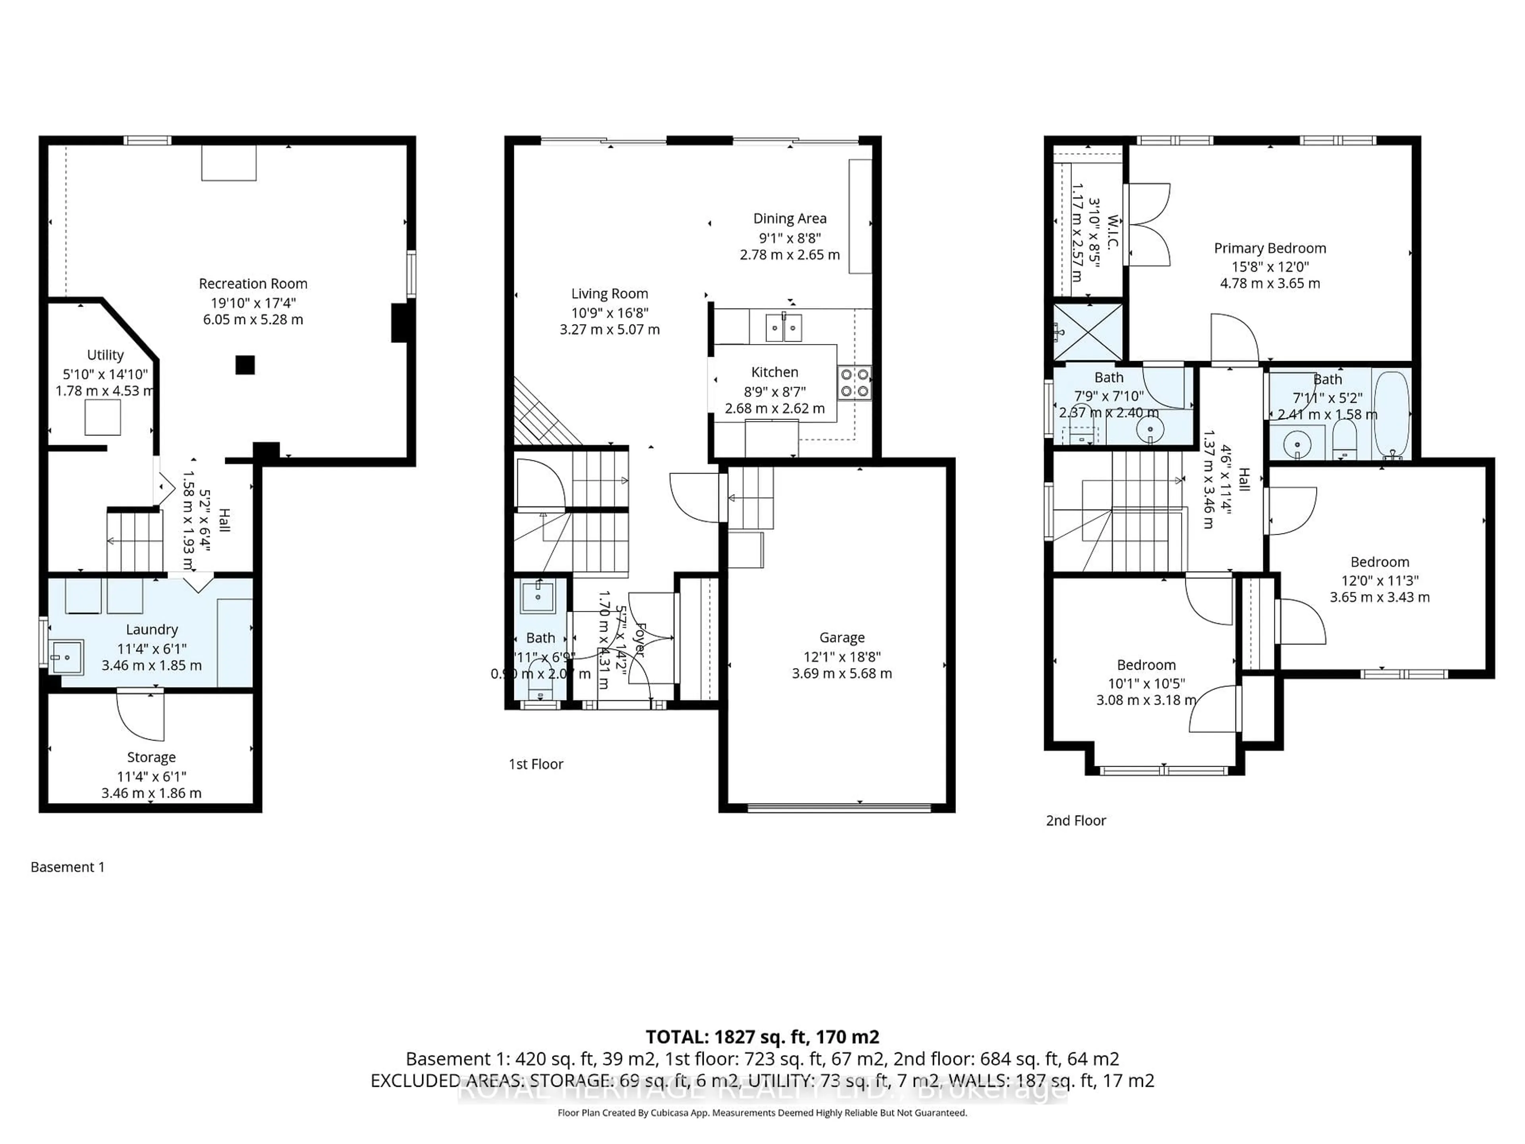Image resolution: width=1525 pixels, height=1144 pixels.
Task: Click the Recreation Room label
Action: coord(253,283)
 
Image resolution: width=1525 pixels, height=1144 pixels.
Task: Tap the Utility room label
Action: coord(105,355)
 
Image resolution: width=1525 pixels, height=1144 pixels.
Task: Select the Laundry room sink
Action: coord(67,657)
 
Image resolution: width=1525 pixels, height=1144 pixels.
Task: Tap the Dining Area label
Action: coord(790,218)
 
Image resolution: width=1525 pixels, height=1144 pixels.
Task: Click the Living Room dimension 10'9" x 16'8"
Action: coord(610,312)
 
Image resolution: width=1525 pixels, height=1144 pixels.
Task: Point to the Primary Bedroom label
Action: coord(1270,248)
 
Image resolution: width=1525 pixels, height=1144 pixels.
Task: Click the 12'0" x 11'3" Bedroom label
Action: coord(1380,562)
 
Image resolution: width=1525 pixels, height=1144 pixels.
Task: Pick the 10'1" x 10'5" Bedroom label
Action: coord(1146,665)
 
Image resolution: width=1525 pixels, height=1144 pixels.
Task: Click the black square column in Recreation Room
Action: coord(245,365)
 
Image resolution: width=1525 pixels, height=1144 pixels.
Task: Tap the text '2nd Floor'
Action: coord(1075,821)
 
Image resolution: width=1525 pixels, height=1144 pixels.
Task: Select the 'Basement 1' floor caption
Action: coord(68,868)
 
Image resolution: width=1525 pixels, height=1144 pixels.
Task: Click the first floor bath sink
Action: coord(537,596)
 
